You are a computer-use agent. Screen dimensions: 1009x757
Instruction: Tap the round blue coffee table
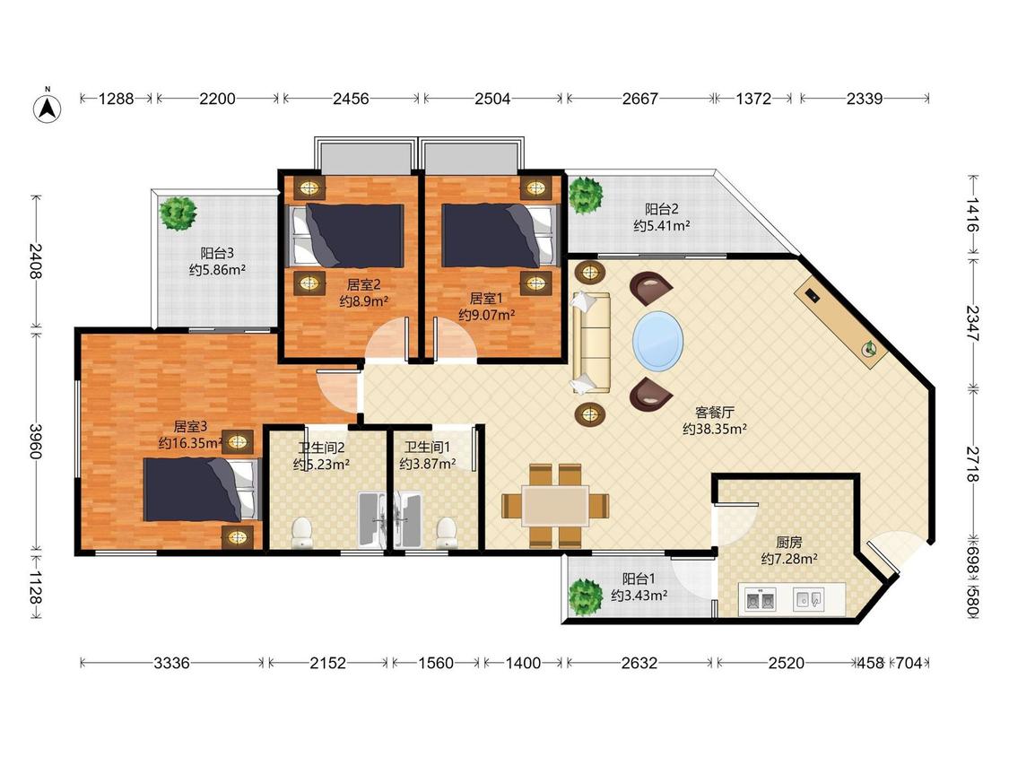click(657, 341)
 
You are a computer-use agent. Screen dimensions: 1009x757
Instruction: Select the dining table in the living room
click(554, 505)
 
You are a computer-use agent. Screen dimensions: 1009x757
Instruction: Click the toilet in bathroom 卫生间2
click(301, 534)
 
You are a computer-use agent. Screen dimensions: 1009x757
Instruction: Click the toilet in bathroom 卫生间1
click(446, 534)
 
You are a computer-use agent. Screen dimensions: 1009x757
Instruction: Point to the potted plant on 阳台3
click(178, 213)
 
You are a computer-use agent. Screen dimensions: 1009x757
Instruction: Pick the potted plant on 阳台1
click(586, 596)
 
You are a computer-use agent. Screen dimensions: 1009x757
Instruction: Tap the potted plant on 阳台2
click(586, 195)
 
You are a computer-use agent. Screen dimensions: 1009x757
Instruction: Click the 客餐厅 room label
click(714, 412)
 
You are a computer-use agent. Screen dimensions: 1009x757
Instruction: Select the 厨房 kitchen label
click(789, 543)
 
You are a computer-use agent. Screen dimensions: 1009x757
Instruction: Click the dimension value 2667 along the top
click(639, 99)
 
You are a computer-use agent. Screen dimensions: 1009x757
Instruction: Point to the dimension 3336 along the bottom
click(171, 662)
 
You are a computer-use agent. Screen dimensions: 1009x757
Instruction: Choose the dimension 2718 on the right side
click(972, 465)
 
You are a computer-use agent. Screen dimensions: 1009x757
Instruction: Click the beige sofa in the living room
click(591, 343)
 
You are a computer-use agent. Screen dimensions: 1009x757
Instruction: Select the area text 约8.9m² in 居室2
click(363, 300)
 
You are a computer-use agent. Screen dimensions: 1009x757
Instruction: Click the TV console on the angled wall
click(841, 320)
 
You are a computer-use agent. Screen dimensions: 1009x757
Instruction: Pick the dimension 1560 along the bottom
click(436, 662)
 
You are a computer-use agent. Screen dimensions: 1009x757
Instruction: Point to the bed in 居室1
click(498, 236)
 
